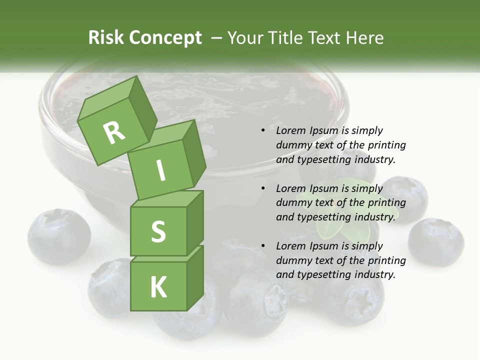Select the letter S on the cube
click(x=158, y=232)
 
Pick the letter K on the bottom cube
click(x=158, y=287)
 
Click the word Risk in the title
click(x=105, y=38)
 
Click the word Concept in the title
click(x=166, y=38)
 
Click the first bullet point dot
click(x=263, y=130)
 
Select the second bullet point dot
click(x=263, y=188)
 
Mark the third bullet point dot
click(x=263, y=246)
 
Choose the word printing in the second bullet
click(x=386, y=203)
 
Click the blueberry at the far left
click(x=59, y=236)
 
